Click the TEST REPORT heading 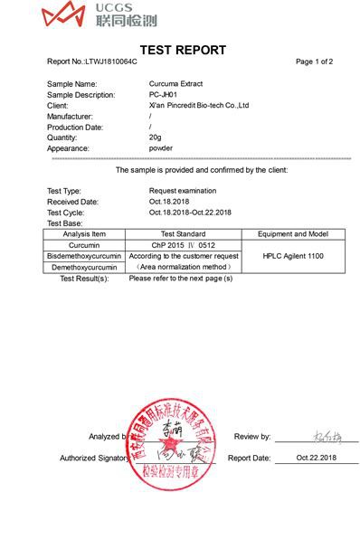[x=183, y=50]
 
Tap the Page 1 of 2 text [x=314, y=62]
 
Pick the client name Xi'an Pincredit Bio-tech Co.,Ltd [x=198, y=106]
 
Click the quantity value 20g [x=156, y=137]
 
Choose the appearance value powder [x=161, y=148]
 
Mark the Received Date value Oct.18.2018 [x=173, y=202]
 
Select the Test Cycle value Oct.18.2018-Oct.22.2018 [x=190, y=213]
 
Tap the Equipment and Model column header [x=293, y=234]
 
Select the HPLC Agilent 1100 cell [x=293, y=256]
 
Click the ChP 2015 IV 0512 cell [x=182, y=245]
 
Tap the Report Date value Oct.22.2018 [x=315, y=459]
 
